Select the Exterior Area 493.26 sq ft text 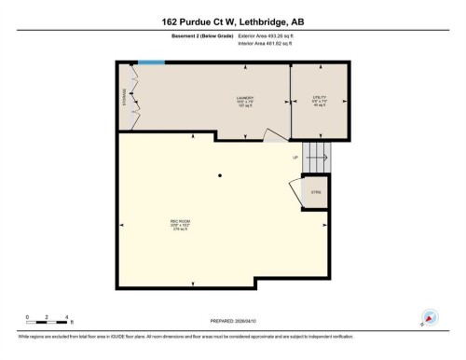coord(271,35)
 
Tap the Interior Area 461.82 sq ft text coord(270,44)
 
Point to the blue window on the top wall coord(152,62)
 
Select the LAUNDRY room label coord(244,98)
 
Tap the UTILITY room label coord(318,98)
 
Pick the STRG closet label coord(316,194)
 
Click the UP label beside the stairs coord(295,157)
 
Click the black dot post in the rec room coord(220,175)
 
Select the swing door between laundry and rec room coord(274,135)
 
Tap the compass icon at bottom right coord(430,317)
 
